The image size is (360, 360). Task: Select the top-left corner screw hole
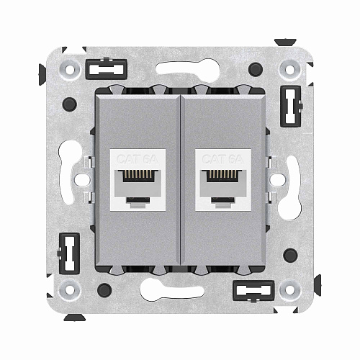point(69,70)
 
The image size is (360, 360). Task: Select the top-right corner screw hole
point(290,70)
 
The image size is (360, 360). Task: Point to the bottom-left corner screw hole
point(69,291)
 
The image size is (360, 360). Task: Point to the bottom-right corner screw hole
point(290,291)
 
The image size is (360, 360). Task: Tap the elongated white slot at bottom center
point(180,291)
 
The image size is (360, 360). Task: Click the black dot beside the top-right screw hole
point(256,71)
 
